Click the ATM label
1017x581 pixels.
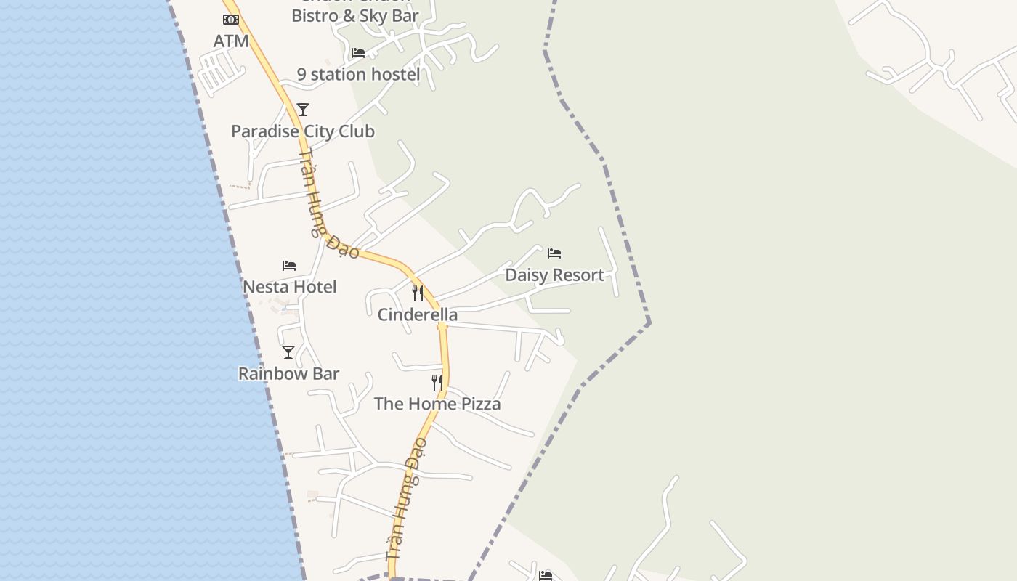click(x=231, y=41)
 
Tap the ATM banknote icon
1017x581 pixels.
click(x=231, y=20)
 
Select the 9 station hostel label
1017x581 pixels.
click(x=358, y=74)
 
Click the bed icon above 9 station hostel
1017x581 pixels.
click(x=358, y=53)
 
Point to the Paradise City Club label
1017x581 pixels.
click(x=303, y=131)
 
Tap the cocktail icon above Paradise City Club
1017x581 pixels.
click(x=303, y=110)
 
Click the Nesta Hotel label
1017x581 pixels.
click(x=289, y=287)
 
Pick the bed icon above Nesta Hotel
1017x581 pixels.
click(x=289, y=266)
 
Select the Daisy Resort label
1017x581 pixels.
click(x=554, y=275)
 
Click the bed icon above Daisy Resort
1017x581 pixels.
click(x=554, y=253)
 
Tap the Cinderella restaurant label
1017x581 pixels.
click(x=418, y=314)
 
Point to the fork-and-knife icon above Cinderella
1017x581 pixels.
click(x=418, y=293)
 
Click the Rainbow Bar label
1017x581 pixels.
click(x=288, y=374)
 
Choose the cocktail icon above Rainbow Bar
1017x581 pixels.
click(x=288, y=352)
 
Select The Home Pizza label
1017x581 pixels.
click(x=437, y=404)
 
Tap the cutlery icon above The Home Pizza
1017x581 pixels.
click(x=437, y=383)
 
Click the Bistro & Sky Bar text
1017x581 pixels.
click(x=355, y=15)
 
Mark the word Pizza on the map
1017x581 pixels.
click(x=478, y=404)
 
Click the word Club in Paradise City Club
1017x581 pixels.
click(x=354, y=131)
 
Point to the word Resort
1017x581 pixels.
click(x=577, y=275)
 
